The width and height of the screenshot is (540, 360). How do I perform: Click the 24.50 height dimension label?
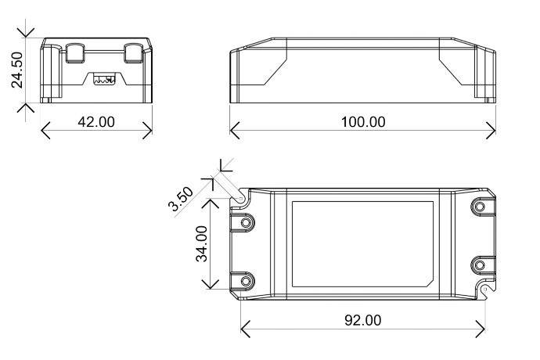coord(17,70)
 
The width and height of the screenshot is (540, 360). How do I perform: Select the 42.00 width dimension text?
coord(96,122)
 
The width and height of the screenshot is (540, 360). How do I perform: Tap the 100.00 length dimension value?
coord(363,122)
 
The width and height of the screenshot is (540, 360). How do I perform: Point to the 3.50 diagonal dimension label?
coord(181,199)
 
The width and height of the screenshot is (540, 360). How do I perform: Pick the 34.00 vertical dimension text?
coord(202,244)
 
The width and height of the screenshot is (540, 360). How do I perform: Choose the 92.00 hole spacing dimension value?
coord(363,320)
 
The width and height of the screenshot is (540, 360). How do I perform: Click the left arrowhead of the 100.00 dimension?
coord(235,131)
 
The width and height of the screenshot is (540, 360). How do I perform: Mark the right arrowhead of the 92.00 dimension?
coord(481,329)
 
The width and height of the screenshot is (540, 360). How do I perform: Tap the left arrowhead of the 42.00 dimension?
coord(45,131)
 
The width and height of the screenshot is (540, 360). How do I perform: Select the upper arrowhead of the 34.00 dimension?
coord(210,203)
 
